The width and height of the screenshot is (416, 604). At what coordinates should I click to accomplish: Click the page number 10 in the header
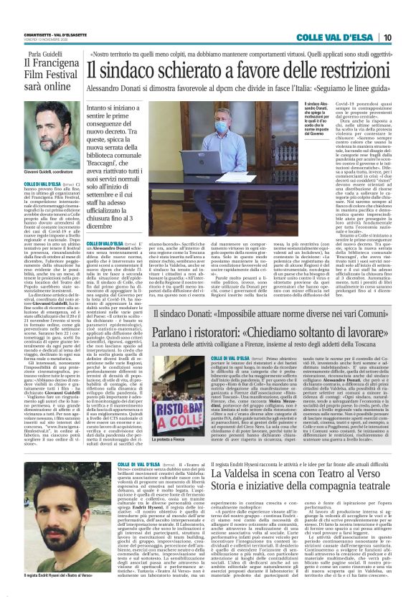pos(407,37)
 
